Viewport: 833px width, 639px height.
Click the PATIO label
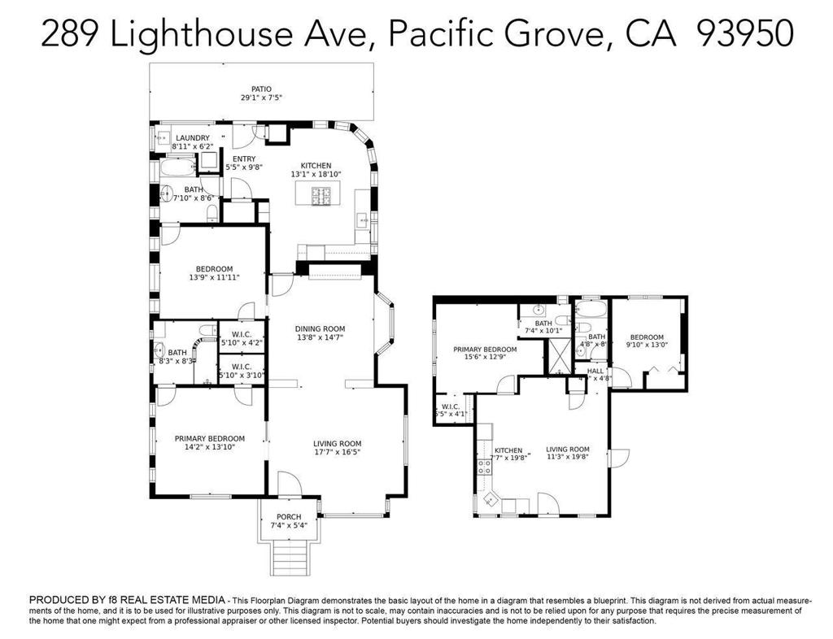(x=261, y=89)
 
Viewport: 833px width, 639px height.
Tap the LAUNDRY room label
(x=193, y=138)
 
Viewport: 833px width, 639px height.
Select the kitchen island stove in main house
(x=320, y=195)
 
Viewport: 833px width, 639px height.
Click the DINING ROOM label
(x=320, y=329)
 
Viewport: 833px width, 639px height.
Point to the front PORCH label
(x=289, y=517)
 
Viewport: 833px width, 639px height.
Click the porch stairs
(x=289, y=558)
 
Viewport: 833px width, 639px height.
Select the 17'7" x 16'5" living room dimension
(x=337, y=453)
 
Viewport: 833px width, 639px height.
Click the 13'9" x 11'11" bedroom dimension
(x=214, y=277)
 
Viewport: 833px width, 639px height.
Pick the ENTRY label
(x=244, y=159)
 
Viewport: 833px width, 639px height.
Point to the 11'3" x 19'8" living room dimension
(x=567, y=457)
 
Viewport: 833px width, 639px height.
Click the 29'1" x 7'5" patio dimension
(x=261, y=98)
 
